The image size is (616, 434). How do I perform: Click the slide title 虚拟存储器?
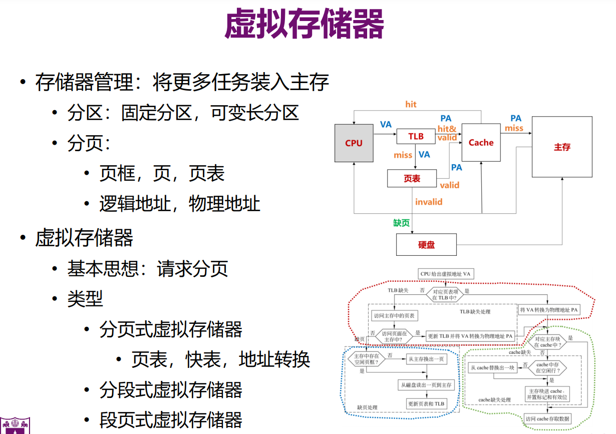click(x=304, y=25)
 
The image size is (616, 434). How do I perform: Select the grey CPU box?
click(x=354, y=143)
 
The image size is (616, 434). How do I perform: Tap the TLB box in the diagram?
click(x=416, y=137)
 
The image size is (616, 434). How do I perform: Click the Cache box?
click(x=481, y=143)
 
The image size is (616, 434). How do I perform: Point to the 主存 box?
click(x=562, y=147)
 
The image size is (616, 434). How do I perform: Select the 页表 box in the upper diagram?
click(x=412, y=179)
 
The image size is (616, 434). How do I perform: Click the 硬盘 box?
click(x=426, y=245)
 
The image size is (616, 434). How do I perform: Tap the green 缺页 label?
click(x=401, y=223)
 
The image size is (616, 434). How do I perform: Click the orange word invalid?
click(x=429, y=202)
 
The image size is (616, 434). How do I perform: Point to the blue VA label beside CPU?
click(x=386, y=125)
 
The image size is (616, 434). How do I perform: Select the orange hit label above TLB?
click(x=411, y=104)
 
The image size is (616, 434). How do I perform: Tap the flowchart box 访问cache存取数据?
click(x=547, y=418)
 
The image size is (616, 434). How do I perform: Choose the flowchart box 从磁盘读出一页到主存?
click(x=426, y=385)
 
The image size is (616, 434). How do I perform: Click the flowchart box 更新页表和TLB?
click(x=426, y=403)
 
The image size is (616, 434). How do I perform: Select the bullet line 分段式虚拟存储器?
click(x=171, y=390)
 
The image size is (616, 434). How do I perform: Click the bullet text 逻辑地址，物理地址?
click(x=180, y=204)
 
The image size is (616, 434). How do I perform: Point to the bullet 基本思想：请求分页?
click(x=148, y=269)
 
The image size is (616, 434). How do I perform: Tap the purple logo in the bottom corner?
click(x=15, y=425)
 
